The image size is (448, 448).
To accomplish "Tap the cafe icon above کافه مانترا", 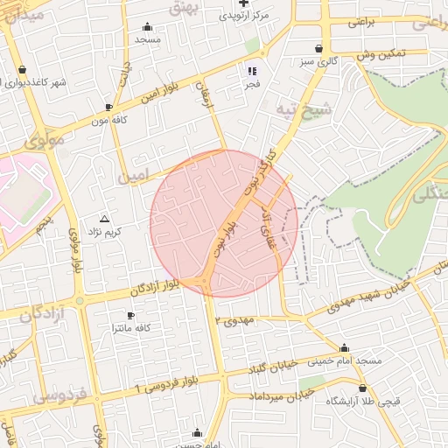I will click(x=130, y=315).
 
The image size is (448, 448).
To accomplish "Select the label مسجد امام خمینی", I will click(x=347, y=360).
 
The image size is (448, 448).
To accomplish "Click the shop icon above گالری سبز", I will click(x=318, y=49).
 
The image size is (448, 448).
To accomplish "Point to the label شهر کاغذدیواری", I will click(x=34, y=82).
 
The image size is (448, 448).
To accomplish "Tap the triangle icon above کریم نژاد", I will click(x=105, y=218).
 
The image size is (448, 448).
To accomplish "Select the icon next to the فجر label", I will click(x=252, y=71).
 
